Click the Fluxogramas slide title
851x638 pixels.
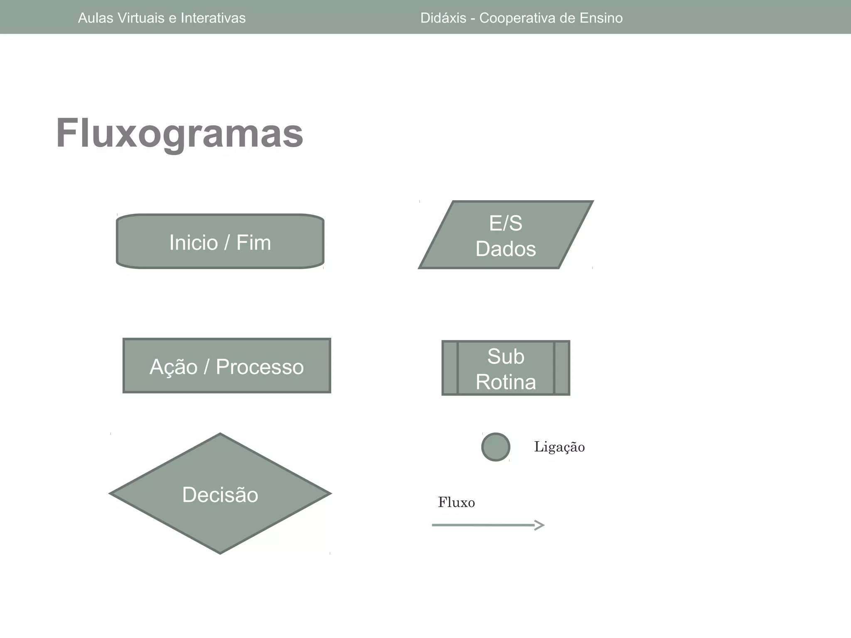click(x=180, y=133)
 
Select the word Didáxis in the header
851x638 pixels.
click(x=443, y=18)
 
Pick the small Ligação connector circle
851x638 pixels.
click(x=496, y=447)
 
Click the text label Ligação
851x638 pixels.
click(x=559, y=447)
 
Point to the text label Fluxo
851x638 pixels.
click(x=456, y=503)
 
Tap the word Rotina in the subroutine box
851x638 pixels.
click(x=506, y=382)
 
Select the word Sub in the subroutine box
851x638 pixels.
click(x=506, y=356)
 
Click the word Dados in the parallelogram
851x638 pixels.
click(x=506, y=249)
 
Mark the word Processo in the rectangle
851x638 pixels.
click(x=260, y=367)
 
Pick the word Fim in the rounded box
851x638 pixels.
click(x=253, y=242)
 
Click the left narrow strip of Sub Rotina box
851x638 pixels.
click(x=450, y=368)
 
